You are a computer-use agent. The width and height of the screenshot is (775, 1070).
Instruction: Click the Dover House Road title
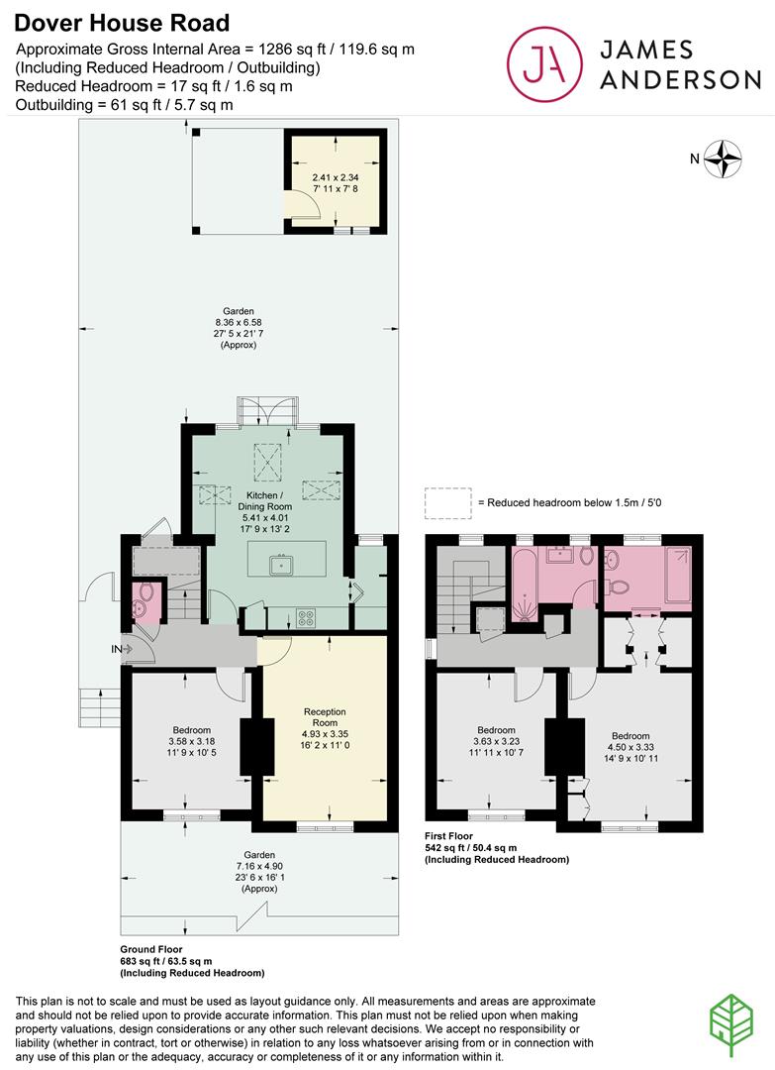122,23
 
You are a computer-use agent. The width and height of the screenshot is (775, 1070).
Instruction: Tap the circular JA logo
544,63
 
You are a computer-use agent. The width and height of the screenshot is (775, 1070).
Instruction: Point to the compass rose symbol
723,159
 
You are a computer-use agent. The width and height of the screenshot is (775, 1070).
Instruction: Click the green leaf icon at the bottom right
731,1025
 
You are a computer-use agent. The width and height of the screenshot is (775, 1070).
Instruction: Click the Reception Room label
325,717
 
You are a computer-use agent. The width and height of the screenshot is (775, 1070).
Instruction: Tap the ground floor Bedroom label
192,729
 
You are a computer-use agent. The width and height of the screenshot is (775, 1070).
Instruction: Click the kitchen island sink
280,566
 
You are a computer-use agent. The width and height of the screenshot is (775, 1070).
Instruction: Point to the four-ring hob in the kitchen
306,618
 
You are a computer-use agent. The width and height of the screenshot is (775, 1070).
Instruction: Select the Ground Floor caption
151,949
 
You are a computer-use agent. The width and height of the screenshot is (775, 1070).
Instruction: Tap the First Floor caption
448,836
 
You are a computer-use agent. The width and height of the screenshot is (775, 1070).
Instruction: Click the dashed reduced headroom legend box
447,503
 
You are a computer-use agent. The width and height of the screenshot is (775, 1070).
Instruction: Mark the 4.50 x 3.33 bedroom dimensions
630,747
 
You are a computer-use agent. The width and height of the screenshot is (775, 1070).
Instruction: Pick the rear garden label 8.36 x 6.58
239,323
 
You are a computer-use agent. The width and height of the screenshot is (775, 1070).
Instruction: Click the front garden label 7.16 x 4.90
259,866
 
